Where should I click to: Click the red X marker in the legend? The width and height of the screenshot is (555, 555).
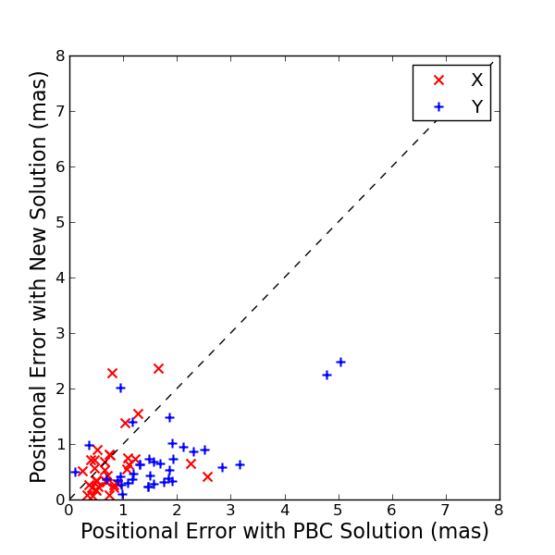coord(438,80)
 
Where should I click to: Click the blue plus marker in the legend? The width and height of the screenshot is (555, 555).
coord(438,107)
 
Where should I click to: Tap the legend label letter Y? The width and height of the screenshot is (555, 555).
coord(476,107)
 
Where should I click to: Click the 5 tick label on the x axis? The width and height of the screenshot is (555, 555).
coord(338,510)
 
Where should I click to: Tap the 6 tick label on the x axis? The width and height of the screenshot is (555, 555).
coord(391,510)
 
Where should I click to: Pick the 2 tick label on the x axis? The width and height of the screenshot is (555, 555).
coord(177,510)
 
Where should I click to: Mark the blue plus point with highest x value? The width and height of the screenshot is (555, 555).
coord(340,362)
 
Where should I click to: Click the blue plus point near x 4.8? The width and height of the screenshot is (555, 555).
coord(327,375)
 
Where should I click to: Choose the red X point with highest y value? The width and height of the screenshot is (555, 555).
coord(158,368)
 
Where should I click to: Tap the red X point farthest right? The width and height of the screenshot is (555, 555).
coord(207,476)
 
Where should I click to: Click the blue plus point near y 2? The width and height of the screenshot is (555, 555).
coord(120,388)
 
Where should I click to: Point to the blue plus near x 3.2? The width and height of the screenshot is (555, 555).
coord(240,464)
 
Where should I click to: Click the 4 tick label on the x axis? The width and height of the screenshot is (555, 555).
coord(284,510)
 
